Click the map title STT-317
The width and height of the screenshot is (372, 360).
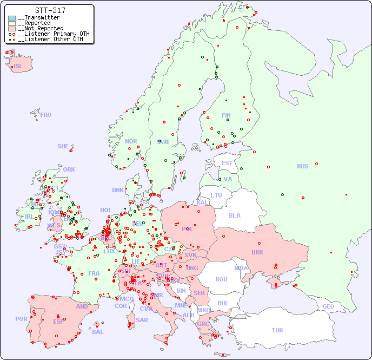(x=50, y=10)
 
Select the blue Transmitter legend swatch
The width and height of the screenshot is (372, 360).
(x=12, y=18)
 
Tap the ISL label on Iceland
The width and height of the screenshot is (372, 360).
(x=18, y=67)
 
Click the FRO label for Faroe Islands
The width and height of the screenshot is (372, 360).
(x=46, y=115)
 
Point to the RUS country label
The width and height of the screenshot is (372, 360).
(x=302, y=166)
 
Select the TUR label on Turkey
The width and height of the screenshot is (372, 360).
(x=277, y=330)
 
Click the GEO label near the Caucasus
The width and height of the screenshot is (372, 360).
(x=328, y=306)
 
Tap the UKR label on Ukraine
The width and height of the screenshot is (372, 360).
(x=257, y=253)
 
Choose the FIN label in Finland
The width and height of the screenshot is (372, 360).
(x=226, y=115)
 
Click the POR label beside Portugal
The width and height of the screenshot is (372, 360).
(x=21, y=319)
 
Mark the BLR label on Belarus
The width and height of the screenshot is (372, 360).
(x=234, y=215)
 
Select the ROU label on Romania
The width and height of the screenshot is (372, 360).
(x=221, y=279)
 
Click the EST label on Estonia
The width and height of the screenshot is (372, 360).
(x=227, y=163)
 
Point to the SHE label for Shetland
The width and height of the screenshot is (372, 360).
(x=63, y=146)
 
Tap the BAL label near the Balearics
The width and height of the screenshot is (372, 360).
(x=98, y=332)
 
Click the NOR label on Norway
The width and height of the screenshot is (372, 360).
(x=131, y=141)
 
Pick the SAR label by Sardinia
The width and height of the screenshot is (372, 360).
(x=142, y=320)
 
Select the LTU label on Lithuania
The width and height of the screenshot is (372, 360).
(x=216, y=195)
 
